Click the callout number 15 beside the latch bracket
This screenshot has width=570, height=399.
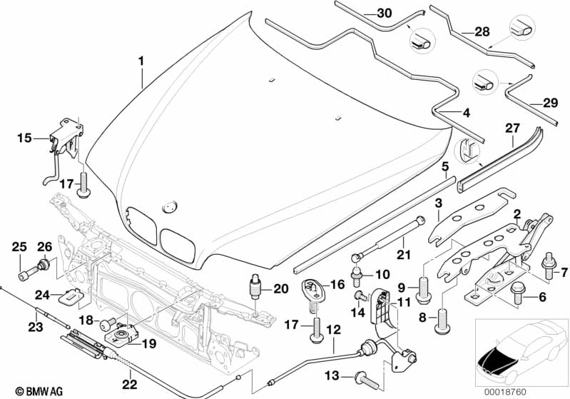(x=25, y=138)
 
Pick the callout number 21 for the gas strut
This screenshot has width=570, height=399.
(x=404, y=257)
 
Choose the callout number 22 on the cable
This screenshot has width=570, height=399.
(x=130, y=372)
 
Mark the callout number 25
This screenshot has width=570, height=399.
(x=19, y=247)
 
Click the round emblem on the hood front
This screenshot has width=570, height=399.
(x=169, y=206)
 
